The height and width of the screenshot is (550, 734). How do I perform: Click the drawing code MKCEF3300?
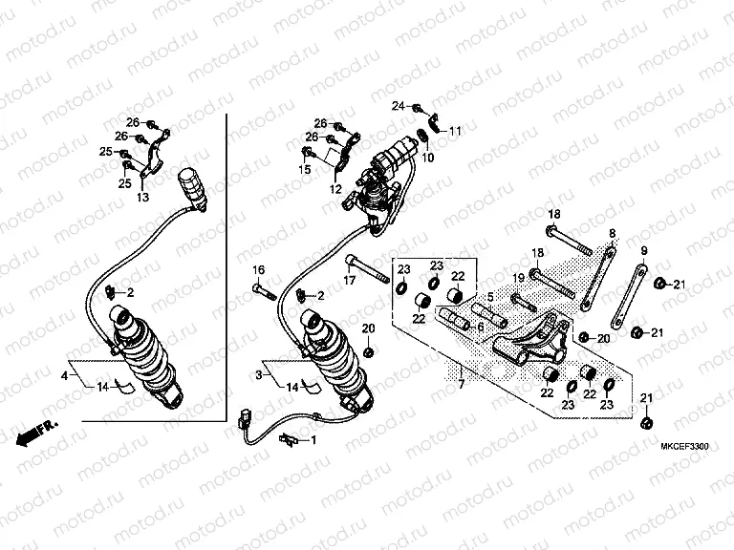[x=684, y=446]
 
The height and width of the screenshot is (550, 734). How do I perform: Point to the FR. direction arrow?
[x=36, y=433]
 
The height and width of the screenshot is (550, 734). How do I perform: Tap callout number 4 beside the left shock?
[x=65, y=377]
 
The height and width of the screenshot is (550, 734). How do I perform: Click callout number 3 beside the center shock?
[x=259, y=377]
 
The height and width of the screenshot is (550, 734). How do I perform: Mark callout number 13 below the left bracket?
[x=142, y=197]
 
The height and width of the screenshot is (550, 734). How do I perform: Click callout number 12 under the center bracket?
[x=336, y=189]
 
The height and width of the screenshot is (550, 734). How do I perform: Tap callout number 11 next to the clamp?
[x=455, y=130]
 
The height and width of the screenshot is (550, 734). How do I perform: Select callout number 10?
[x=427, y=157]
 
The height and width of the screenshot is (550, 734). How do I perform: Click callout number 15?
[x=305, y=169]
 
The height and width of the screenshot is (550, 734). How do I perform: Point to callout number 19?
[x=517, y=277]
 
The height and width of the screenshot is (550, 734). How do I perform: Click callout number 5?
[x=489, y=296]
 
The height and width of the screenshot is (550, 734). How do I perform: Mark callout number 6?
[x=479, y=327]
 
